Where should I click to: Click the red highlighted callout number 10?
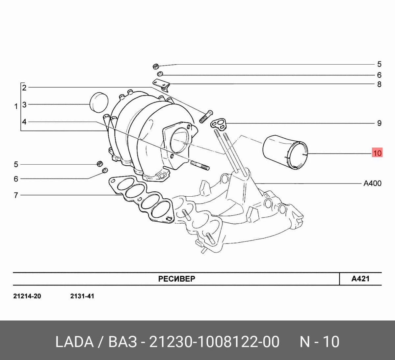coord(377,152)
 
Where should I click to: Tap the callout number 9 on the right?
coord(379,124)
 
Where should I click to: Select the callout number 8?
coord(379,84)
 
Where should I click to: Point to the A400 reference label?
coord(372,183)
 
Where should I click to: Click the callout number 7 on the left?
coord(16,195)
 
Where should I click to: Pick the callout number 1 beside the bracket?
coord(16,107)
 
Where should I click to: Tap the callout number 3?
coord(24,105)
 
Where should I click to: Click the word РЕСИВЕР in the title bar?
coord(177,279)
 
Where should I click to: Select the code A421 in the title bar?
coord(360,279)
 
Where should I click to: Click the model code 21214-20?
coord(27,296)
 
